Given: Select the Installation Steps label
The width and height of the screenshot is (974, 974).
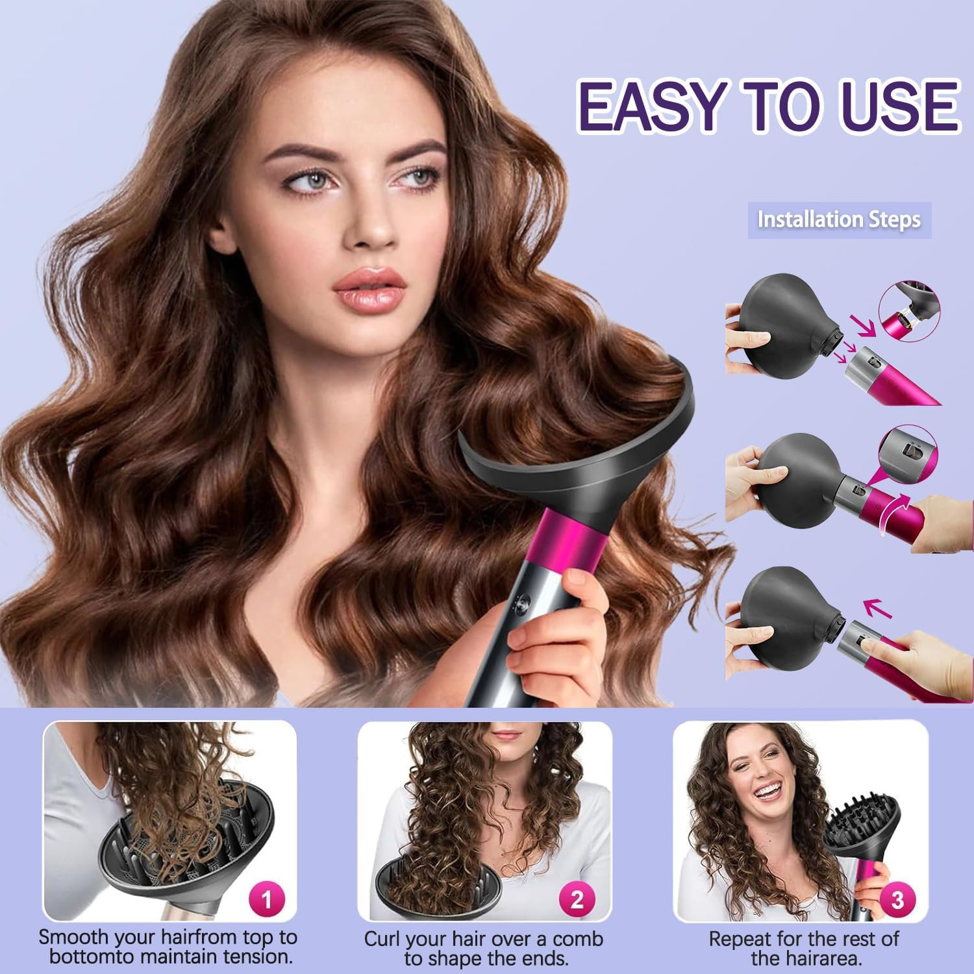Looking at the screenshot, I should click(x=839, y=219).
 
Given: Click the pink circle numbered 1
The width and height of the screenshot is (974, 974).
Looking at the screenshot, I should click(x=266, y=900).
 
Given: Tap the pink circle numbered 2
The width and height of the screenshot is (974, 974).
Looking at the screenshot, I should click(x=577, y=900).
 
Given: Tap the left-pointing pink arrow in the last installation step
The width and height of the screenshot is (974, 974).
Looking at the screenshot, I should click(x=877, y=609).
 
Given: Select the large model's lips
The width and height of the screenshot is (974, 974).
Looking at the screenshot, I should click(x=369, y=286).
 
